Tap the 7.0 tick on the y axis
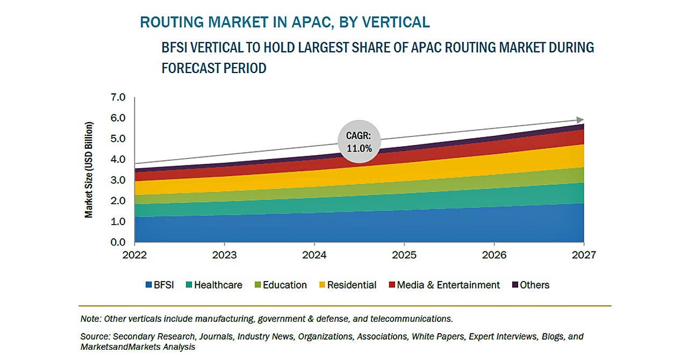pos(117,97)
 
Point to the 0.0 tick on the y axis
pos(117,242)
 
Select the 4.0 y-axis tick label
pos(117,160)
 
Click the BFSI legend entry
pos(160,285)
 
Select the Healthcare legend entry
pos(213,285)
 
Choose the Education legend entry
pos(280,285)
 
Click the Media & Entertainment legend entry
pos(443,285)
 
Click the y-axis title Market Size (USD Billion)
pos(89,170)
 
